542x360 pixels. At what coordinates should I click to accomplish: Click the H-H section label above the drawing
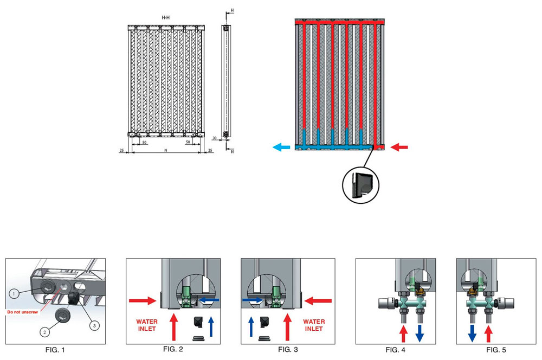pyautogui.click(x=165, y=18)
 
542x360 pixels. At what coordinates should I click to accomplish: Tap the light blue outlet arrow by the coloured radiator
pyautogui.click(x=281, y=146)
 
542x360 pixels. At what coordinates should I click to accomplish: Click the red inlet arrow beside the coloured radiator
pyautogui.click(x=399, y=146)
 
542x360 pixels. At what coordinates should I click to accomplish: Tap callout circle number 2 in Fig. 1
pyautogui.click(x=43, y=330)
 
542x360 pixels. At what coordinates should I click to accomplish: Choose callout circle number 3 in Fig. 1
pyautogui.click(x=94, y=325)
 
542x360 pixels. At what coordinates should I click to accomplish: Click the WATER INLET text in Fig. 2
pyautogui.click(x=147, y=325)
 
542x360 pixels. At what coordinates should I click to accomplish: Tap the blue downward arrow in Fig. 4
pyautogui.click(x=419, y=332)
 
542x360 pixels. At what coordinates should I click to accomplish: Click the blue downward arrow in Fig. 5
pyautogui.click(x=472, y=332)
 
